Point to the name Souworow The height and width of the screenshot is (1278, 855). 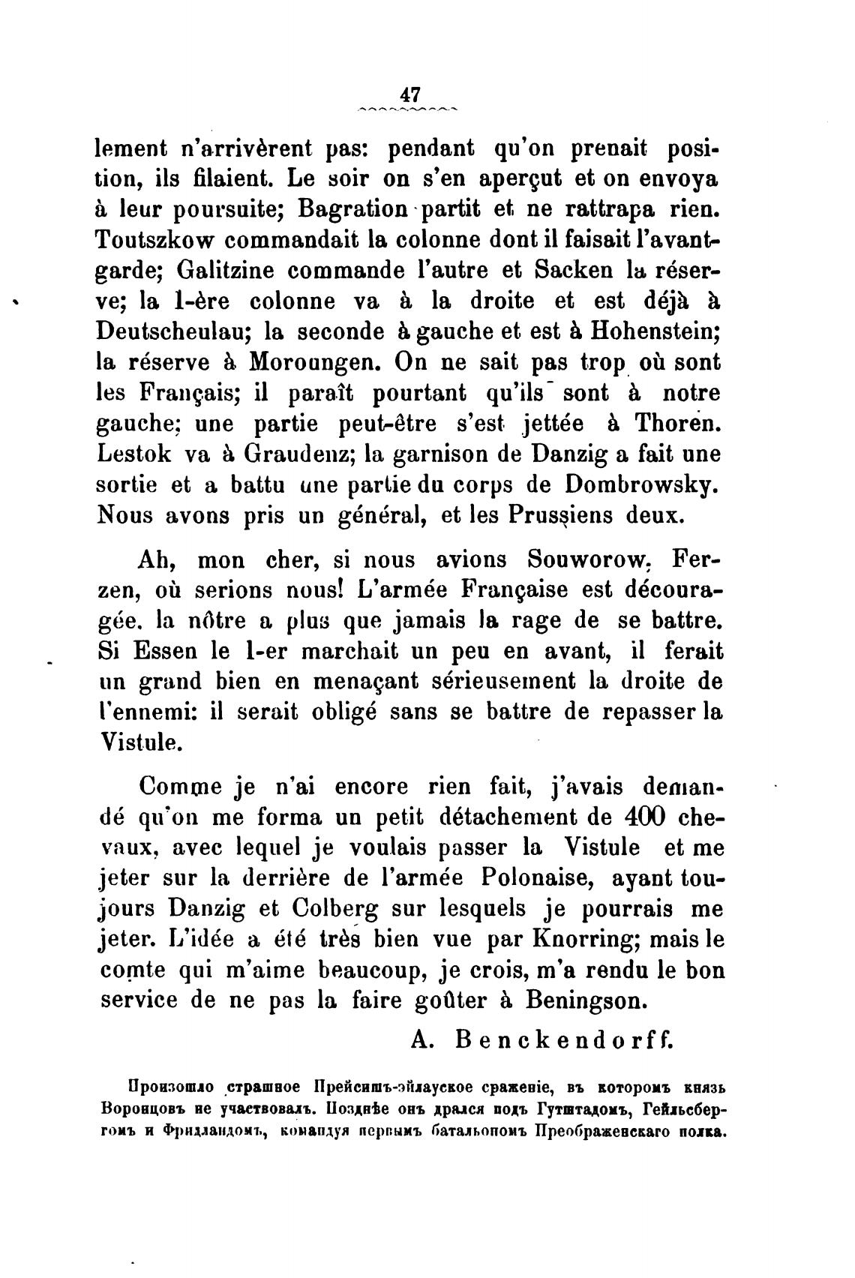587,559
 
